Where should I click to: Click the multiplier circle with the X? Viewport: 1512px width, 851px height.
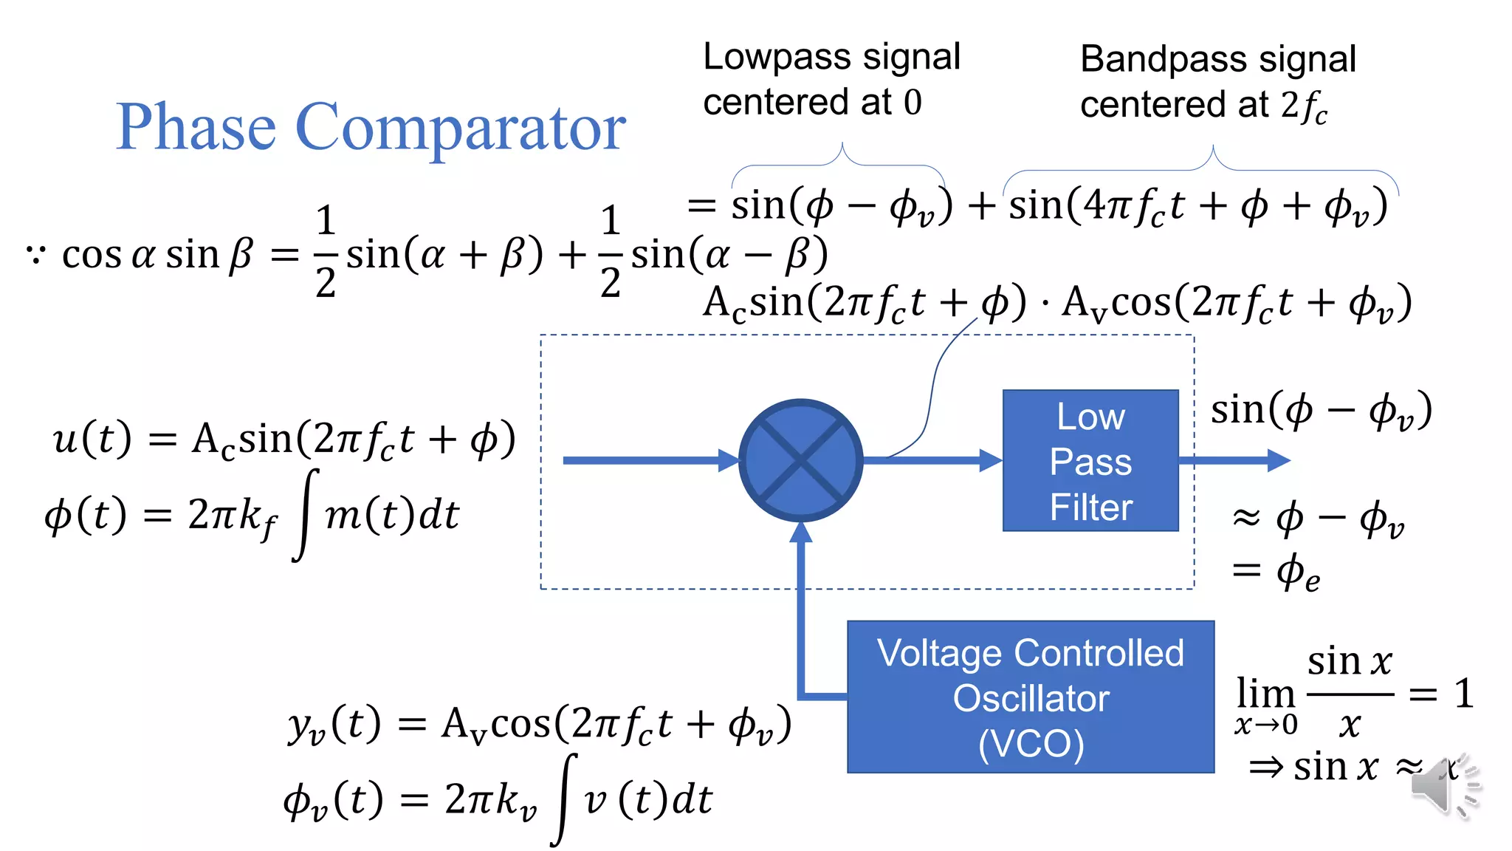800,460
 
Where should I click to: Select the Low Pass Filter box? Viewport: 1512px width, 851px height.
1090,460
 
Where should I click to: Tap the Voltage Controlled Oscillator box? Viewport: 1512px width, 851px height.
1031,697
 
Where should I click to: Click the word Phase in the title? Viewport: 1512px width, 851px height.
196,127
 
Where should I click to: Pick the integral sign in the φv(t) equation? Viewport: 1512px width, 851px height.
565,799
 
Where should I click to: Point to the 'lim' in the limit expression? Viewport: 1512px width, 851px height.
1265,693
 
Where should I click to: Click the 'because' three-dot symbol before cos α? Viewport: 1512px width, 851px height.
35,256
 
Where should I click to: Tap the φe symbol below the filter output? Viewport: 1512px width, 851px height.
1298,573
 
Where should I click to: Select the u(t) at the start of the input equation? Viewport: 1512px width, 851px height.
92,439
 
